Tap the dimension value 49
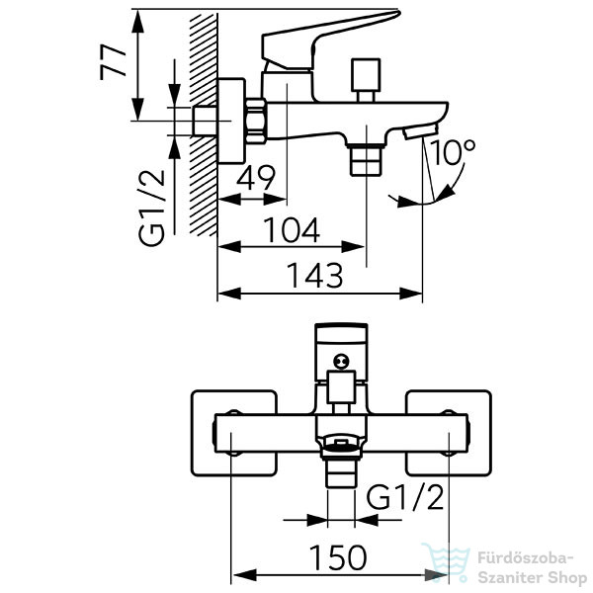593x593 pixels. [256, 178]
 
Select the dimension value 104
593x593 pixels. [292, 230]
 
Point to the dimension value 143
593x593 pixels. [314, 276]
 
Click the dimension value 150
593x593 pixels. [338, 557]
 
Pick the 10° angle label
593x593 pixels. [452, 152]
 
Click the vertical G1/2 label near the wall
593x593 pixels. [151, 208]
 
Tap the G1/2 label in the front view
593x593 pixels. [404, 497]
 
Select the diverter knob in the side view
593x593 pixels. [365, 79]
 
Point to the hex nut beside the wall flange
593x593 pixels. [256, 121]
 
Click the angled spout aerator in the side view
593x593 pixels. [420, 131]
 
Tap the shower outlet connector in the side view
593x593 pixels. [366, 160]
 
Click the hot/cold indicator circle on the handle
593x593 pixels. [341, 361]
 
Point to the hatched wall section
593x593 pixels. [204, 125]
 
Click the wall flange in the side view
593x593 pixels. [232, 121]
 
